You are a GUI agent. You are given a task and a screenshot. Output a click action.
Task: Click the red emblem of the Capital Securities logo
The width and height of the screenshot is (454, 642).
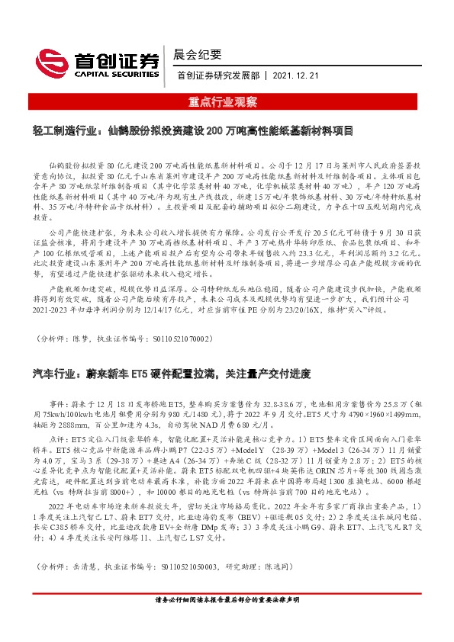pyautogui.click(x=51, y=59)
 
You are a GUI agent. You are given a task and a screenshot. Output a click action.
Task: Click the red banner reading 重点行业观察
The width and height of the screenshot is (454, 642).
pyautogui.click(x=227, y=101)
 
